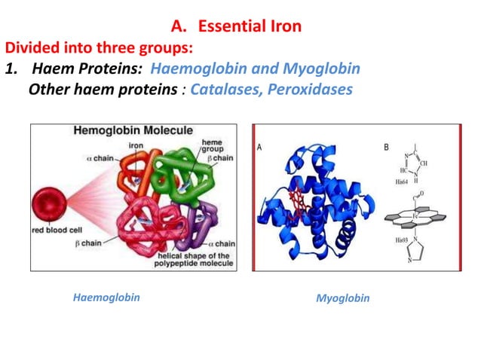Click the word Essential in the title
(x=228, y=27)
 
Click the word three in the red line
(x=110, y=48)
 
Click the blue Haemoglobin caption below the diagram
(x=106, y=297)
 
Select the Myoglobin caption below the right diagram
(x=342, y=298)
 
